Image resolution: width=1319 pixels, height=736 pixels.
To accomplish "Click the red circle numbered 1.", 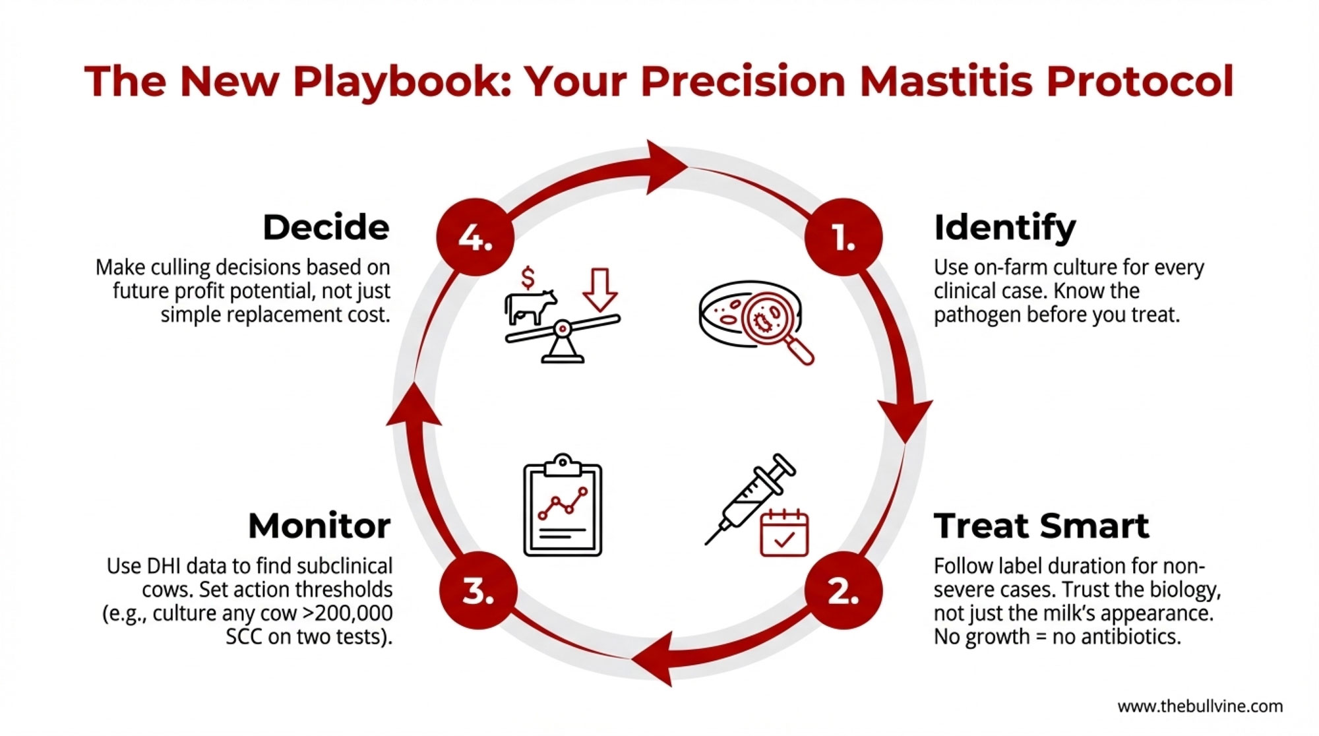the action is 844,237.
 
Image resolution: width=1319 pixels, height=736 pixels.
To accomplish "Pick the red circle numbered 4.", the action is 475,237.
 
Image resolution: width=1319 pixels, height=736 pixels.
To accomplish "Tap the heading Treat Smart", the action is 1041,526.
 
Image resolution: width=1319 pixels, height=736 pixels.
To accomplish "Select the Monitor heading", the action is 319,526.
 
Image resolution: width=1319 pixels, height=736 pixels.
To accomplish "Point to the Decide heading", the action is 326,227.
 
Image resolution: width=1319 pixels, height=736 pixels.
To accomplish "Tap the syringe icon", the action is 750,500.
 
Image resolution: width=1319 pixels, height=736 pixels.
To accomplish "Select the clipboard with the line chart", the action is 563,505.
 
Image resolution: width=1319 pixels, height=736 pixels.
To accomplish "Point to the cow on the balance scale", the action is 530,307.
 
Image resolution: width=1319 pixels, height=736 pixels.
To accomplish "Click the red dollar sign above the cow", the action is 528,278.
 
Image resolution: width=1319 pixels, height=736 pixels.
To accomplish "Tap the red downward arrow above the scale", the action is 600,290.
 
